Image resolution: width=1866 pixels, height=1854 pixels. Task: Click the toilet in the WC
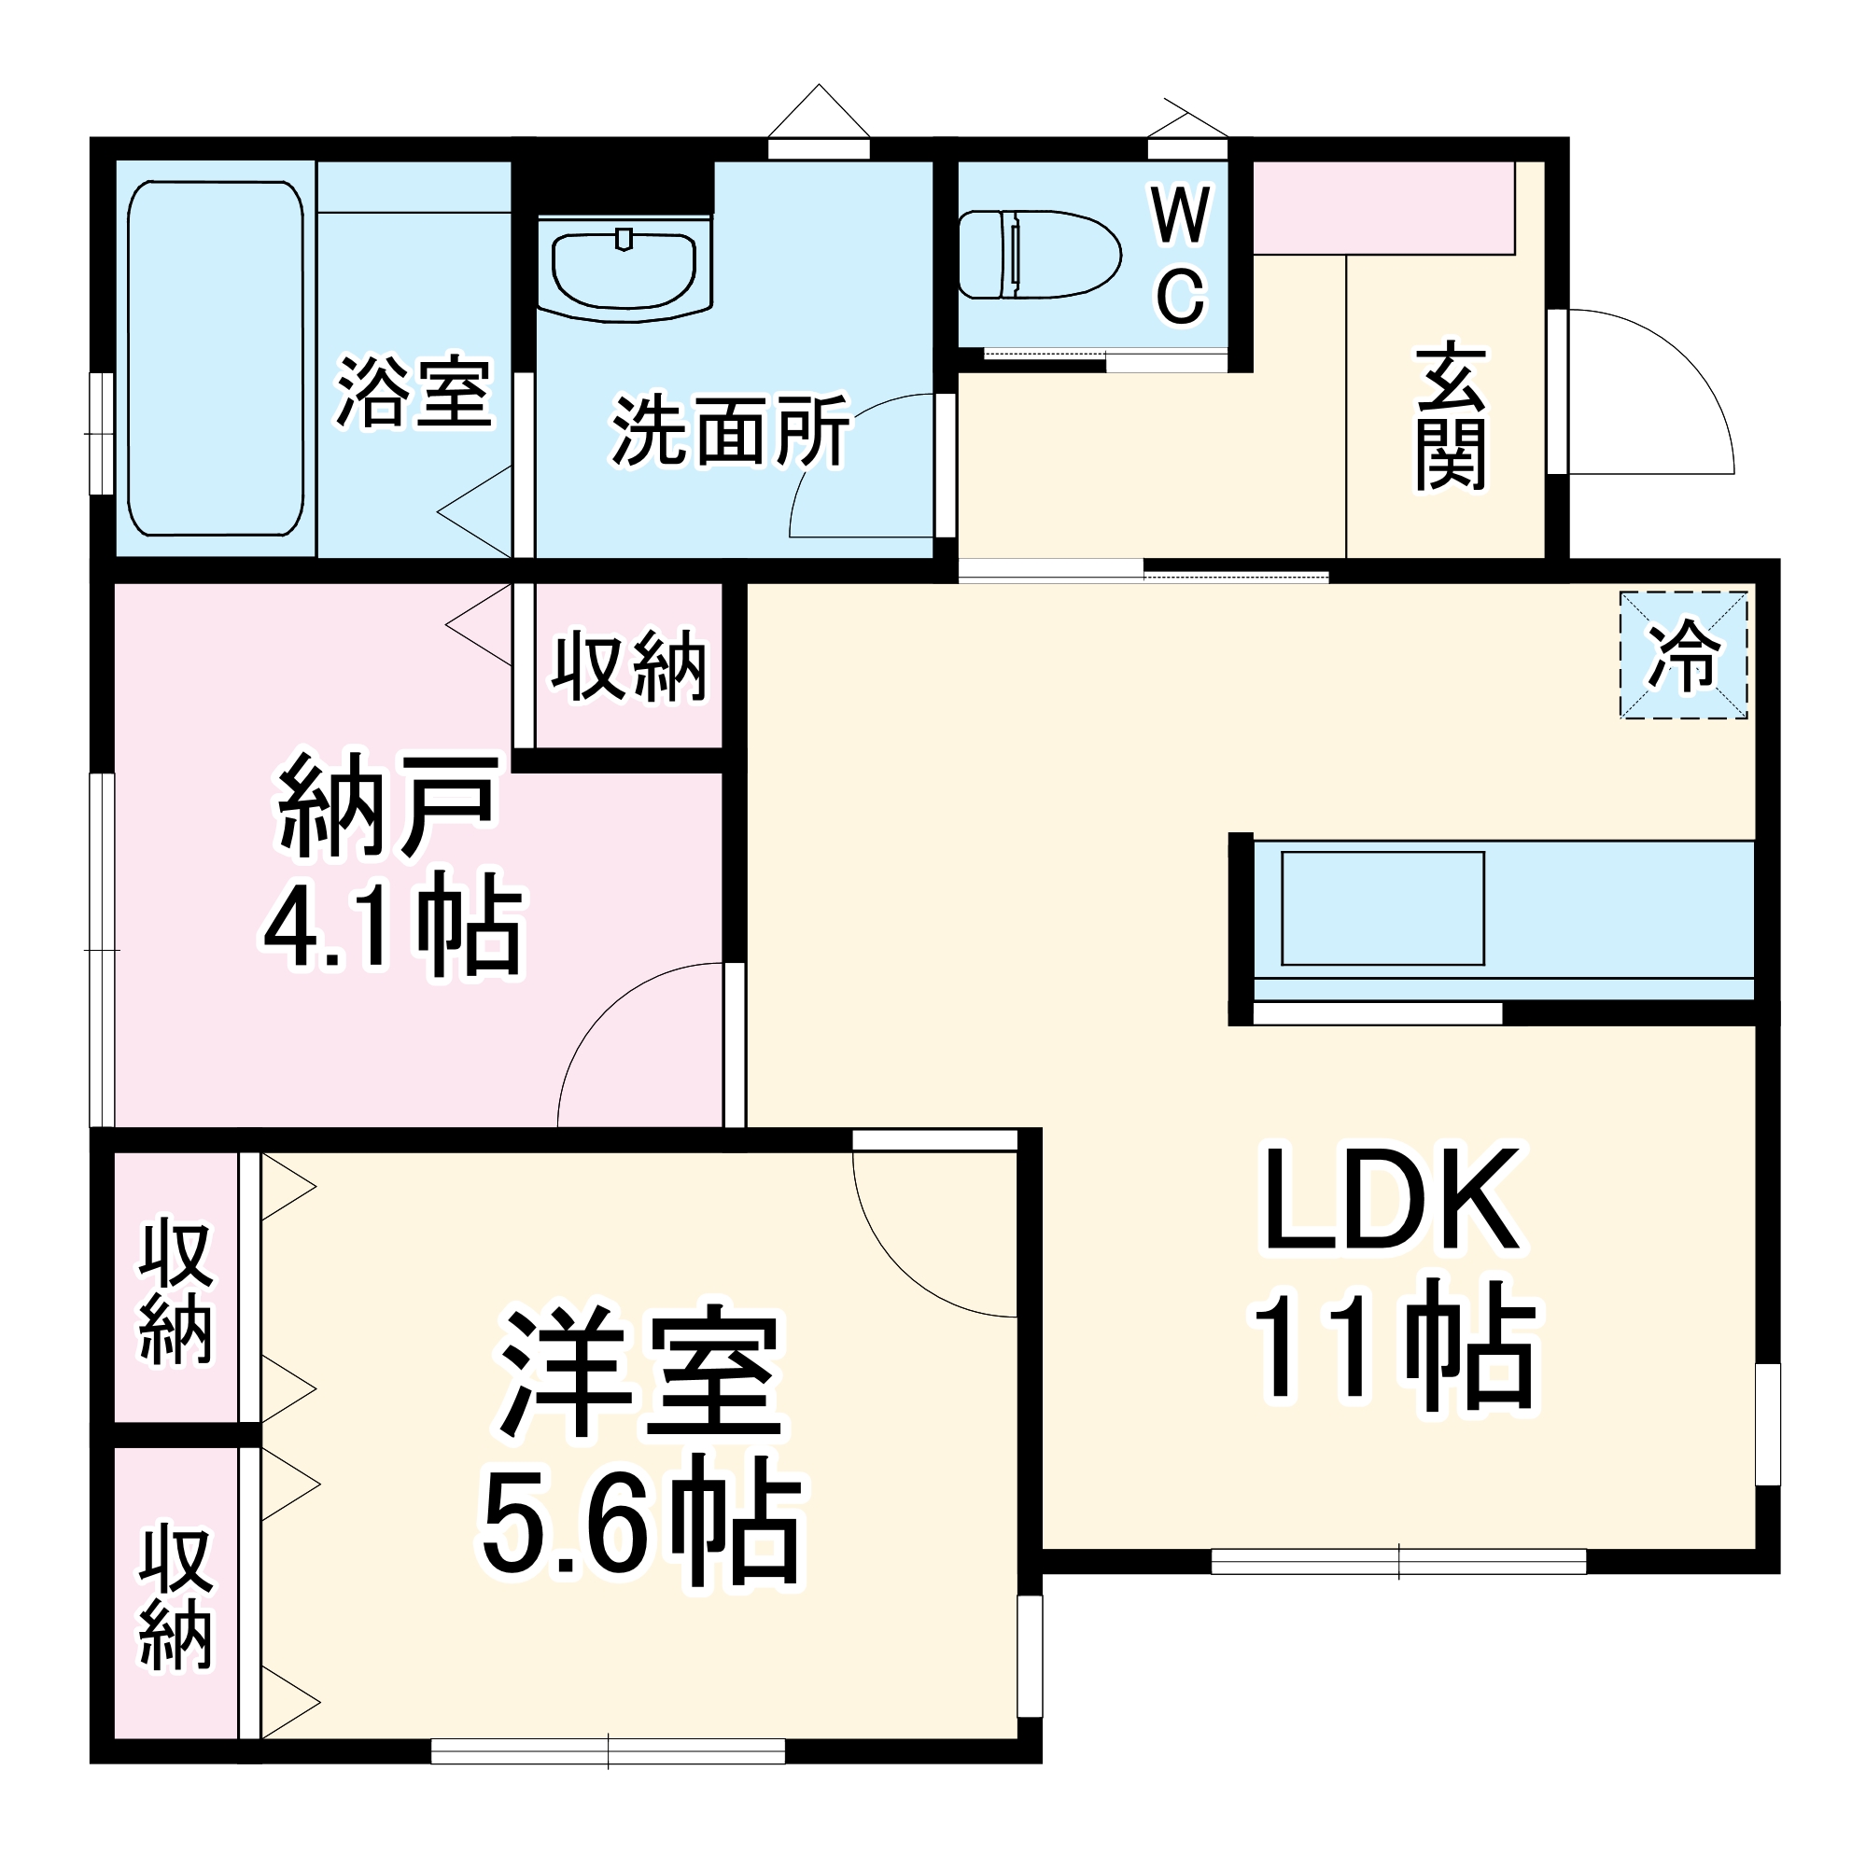point(1039,255)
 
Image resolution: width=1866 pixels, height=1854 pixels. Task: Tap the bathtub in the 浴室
point(216,358)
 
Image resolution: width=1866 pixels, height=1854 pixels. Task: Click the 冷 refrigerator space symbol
point(1683,655)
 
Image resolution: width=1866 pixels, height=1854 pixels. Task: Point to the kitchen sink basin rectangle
point(1382,908)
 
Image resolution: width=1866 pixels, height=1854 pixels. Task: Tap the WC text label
point(1181,256)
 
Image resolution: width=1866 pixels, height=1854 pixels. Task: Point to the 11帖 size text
point(1392,1346)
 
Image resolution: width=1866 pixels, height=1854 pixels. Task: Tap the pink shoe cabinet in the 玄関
point(1382,208)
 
